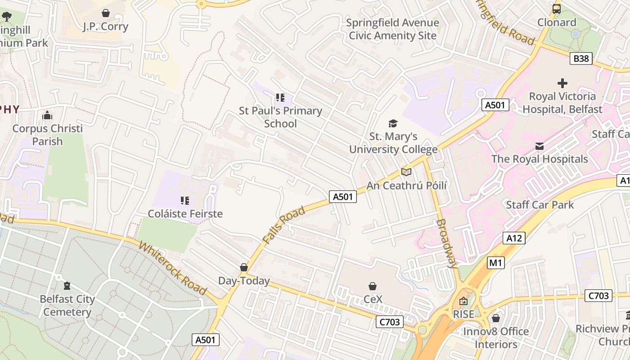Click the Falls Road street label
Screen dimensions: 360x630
pos(284,225)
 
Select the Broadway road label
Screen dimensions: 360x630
pos(447,243)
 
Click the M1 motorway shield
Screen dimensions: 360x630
pos(495,263)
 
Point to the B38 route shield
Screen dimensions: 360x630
pos(580,58)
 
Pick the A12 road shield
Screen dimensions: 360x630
pos(514,238)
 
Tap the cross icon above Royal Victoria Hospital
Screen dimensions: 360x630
pos(562,83)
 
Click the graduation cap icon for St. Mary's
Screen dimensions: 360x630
pos(393,123)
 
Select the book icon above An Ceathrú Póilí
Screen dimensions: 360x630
pos(406,172)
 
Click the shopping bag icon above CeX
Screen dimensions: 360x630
pos(373,286)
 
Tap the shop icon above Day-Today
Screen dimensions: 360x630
pos(244,268)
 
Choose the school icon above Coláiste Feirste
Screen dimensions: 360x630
pos(185,200)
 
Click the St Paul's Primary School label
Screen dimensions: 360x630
pos(280,117)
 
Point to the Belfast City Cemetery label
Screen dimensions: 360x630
pos(67,306)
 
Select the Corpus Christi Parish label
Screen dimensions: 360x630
pos(47,135)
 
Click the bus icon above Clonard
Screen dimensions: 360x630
pos(557,9)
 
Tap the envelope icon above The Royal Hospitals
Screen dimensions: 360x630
pos(540,146)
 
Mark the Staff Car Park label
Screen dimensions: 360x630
pos(540,205)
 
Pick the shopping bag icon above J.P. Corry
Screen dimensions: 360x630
pos(106,13)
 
